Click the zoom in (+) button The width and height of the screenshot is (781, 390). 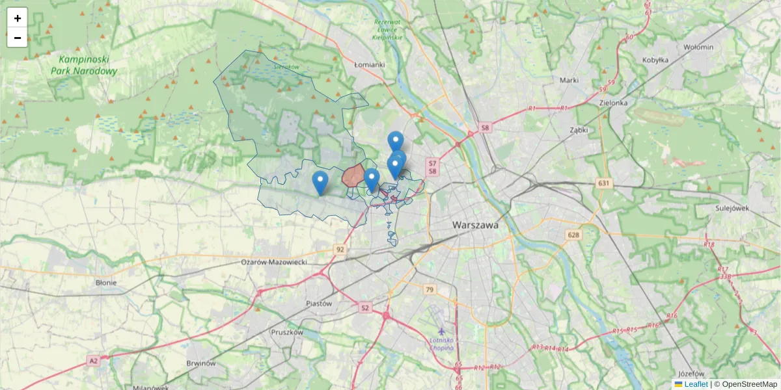tap(18, 18)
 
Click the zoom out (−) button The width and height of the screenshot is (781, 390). tap(18, 38)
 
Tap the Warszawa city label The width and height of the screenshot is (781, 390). tap(475, 225)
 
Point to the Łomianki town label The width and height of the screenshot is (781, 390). tap(370, 65)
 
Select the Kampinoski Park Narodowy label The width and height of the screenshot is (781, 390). tap(84, 64)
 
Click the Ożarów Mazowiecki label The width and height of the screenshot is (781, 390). tap(283, 261)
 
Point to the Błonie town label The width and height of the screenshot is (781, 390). tap(105, 283)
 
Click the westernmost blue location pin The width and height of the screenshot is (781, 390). tap(320, 183)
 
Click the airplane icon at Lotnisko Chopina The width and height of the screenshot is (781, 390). tap(442, 331)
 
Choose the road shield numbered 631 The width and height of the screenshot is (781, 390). tap(605, 184)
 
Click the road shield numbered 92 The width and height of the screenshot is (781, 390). tap(340, 249)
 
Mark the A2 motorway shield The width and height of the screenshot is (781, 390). tap(93, 359)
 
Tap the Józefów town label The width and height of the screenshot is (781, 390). tap(691, 374)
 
